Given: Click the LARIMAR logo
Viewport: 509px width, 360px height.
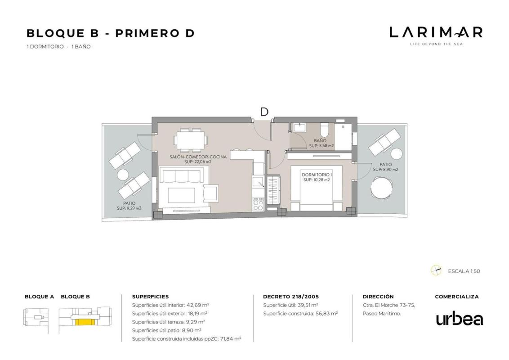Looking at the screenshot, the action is [436, 36].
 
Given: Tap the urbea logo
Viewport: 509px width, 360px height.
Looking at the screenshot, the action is [460, 319].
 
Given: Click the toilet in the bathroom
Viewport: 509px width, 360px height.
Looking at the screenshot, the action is [324, 130].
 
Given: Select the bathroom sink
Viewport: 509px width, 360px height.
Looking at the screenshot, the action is [299, 127].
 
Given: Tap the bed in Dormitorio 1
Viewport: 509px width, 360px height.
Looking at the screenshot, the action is [316, 188].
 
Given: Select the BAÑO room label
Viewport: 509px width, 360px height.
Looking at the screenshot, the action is [320, 141].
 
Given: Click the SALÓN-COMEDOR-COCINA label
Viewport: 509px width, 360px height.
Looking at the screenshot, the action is [198, 157].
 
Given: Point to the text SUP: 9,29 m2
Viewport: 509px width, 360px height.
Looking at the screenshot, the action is [129, 208].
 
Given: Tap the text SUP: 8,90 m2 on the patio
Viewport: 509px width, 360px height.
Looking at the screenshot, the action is [385, 170].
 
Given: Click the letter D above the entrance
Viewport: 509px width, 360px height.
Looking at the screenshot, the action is [264, 112].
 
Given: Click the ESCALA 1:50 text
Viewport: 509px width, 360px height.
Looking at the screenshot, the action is [464, 271].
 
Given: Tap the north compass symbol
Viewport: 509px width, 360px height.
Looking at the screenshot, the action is [436, 270].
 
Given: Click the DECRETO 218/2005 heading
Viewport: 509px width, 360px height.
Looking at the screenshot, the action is [291, 297].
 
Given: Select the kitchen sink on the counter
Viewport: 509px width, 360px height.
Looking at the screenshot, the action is [259, 182].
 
